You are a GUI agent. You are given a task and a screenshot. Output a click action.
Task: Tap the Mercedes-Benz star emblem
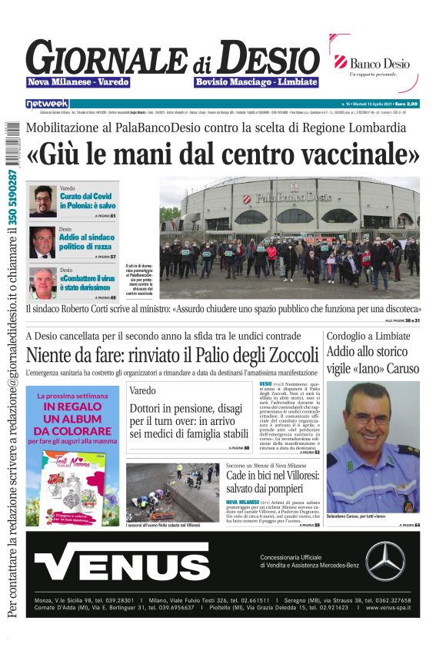385,561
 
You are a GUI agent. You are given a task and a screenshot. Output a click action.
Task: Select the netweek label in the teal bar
47,104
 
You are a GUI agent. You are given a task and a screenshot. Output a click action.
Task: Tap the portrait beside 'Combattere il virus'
43,281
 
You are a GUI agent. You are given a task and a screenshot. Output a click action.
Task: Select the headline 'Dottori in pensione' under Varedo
188,420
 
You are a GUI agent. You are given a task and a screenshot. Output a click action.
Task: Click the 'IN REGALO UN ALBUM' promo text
72,419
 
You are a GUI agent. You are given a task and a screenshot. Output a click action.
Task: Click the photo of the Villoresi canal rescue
173,493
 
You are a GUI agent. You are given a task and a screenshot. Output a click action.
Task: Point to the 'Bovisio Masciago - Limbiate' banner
256,82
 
